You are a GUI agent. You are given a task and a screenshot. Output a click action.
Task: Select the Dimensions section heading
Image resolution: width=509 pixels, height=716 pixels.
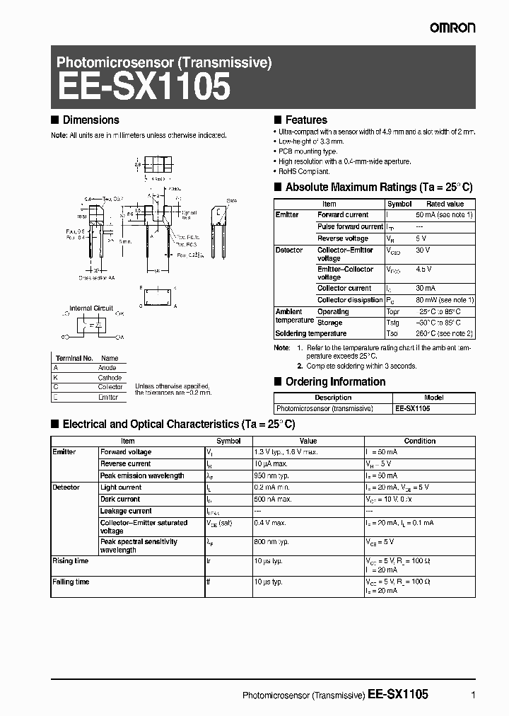pyautogui.click(x=90, y=120)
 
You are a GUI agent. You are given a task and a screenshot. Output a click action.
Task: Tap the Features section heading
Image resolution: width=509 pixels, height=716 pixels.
pyautogui.click(x=305, y=120)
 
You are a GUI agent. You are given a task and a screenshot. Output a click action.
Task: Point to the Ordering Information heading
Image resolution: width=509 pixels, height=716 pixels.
pyautogui.click(x=335, y=382)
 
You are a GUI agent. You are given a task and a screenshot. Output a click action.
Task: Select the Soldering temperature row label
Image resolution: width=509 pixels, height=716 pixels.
pyautogui.click(x=310, y=333)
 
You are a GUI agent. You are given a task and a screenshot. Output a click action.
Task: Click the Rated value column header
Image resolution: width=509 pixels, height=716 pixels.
pyautogui.click(x=445, y=204)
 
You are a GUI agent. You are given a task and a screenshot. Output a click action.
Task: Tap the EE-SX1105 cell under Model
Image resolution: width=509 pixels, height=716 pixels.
pyautogui.click(x=412, y=408)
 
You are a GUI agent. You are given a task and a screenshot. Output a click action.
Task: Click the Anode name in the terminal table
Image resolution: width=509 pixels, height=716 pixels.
pyautogui.click(x=107, y=368)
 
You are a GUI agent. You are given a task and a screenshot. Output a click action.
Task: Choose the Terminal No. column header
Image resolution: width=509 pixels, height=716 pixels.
pyautogui.click(x=74, y=358)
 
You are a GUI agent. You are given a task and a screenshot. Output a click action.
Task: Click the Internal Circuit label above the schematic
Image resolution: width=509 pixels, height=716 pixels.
pyautogui.click(x=90, y=308)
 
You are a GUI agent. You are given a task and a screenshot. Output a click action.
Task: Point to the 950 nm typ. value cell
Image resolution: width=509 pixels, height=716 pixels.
pyautogui.click(x=271, y=475)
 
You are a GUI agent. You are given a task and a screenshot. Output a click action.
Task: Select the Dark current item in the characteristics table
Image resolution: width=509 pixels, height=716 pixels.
pyautogui.click(x=121, y=499)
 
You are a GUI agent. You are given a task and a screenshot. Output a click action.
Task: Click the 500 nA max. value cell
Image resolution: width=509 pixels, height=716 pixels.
pyautogui.click(x=272, y=499)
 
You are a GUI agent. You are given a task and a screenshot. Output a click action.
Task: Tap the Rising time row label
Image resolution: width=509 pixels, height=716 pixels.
pyautogui.click(x=71, y=560)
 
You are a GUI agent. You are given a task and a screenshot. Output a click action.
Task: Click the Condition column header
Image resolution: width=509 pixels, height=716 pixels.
pyautogui.click(x=419, y=441)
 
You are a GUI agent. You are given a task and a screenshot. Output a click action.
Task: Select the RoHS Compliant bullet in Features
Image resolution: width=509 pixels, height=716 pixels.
pyautogui.click(x=304, y=171)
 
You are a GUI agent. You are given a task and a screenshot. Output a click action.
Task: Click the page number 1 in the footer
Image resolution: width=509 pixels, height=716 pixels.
pyautogui.click(x=473, y=695)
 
